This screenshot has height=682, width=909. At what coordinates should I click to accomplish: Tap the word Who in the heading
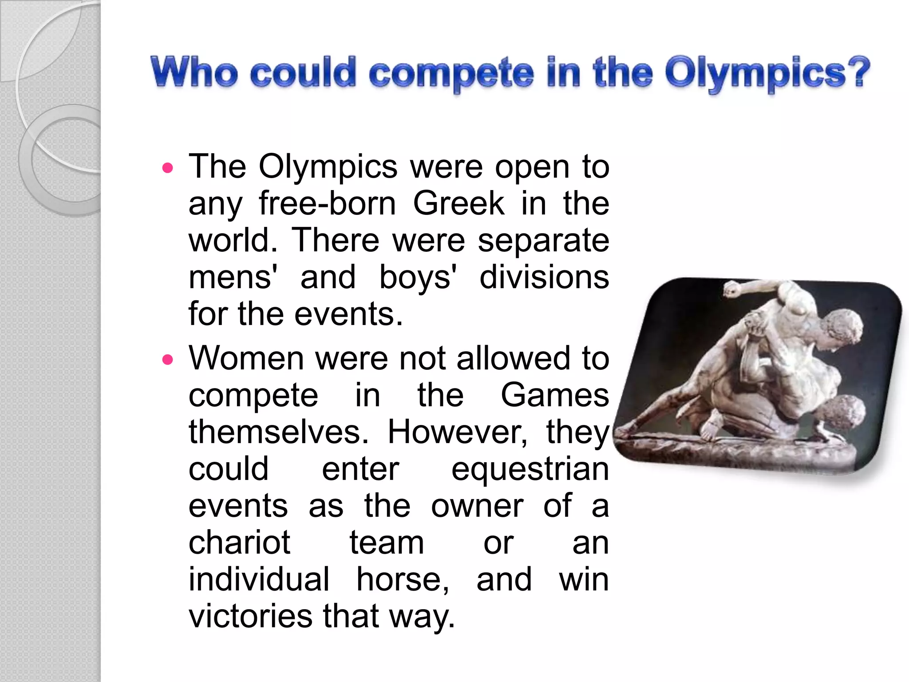194,72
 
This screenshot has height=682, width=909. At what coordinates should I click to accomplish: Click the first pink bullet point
167,168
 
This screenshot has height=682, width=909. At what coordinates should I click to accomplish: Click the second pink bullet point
167,359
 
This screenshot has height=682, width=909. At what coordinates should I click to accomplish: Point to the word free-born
327,204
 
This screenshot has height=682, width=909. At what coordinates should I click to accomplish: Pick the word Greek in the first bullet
459,204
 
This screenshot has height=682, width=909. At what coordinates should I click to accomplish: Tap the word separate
543,241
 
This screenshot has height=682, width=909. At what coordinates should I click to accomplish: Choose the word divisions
544,278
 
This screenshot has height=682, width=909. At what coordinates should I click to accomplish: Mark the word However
457,432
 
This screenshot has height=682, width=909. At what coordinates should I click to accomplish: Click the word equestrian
530,470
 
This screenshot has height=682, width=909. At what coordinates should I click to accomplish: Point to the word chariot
240,543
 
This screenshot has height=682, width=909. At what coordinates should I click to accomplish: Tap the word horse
403,579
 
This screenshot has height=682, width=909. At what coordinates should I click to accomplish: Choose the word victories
251,616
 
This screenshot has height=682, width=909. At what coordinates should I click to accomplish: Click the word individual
259,579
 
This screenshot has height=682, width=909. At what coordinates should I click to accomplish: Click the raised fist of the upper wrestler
732,291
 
